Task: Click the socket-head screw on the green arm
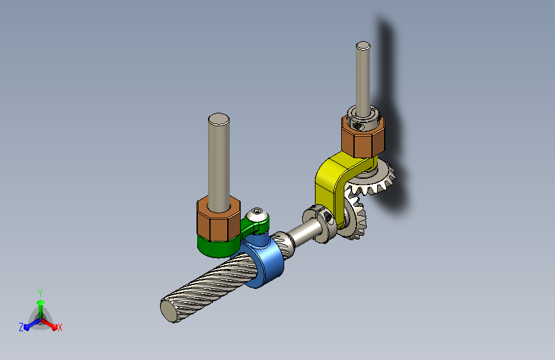(257, 215)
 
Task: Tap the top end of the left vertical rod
(219, 119)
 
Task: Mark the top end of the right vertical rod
(363, 45)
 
